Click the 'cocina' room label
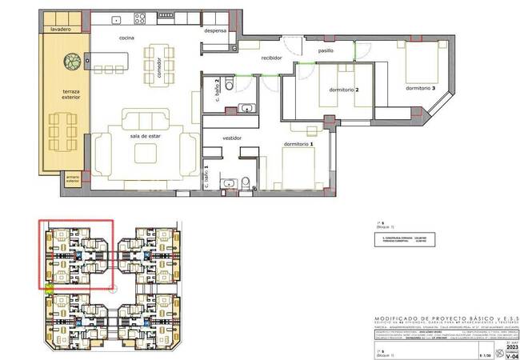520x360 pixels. point(126,38)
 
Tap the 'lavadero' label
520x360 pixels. point(61,29)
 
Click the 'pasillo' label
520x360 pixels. point(325,50)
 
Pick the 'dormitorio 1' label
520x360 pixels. point(299,144)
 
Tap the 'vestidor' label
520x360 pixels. point(232,138)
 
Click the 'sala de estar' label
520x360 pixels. point(147,136)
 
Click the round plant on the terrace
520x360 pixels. point(73,59)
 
